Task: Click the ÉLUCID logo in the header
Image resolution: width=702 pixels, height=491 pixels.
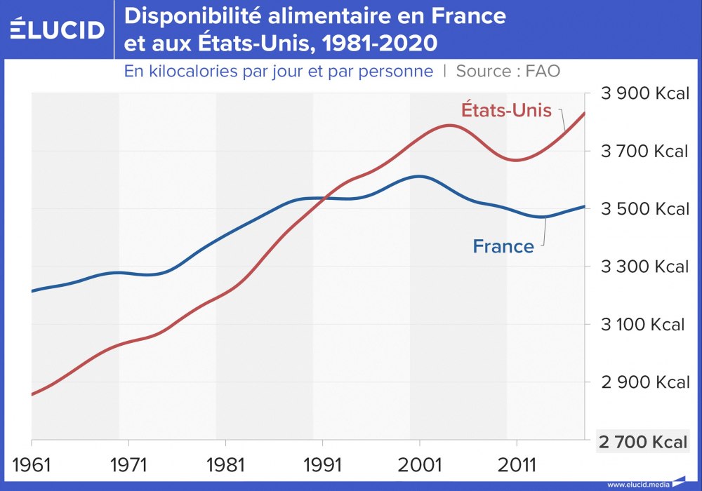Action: (58, 28)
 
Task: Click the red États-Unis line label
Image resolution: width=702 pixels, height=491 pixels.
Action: (506, 110)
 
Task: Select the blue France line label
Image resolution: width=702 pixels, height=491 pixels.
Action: (503, 246)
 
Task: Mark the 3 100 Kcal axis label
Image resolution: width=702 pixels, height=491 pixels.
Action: (642, 325)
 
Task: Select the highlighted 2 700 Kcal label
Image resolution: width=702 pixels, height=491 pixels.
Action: (642, 442)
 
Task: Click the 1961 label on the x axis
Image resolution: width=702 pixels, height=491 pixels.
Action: (32, 465)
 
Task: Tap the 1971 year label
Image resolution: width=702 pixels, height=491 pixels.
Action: (128, 465)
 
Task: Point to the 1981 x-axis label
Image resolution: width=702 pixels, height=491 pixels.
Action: (225, 465)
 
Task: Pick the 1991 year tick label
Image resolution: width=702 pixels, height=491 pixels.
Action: (322, 465)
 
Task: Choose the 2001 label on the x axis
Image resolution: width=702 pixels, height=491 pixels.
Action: (419, 465)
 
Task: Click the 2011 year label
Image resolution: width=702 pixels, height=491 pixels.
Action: (517, 465)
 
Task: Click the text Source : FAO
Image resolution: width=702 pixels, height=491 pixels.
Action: (508, 72)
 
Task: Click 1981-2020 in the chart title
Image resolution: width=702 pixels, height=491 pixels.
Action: (377, 43)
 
